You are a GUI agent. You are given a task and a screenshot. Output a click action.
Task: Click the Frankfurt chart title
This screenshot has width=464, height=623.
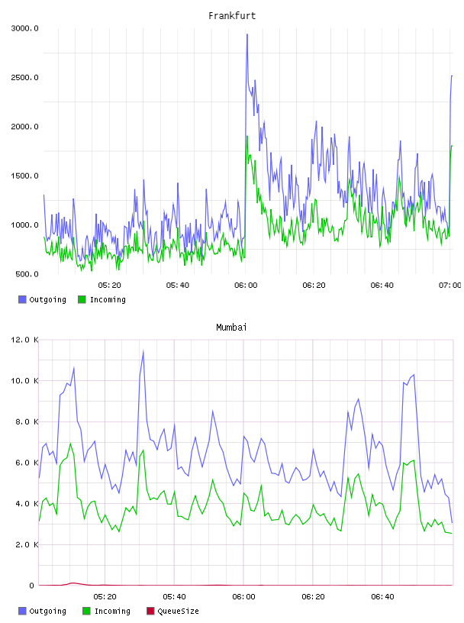click(232, 16)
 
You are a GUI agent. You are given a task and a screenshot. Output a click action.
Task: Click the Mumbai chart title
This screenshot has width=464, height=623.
click(231, 328)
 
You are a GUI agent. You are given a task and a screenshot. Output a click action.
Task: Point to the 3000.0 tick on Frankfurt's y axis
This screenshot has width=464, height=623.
click(24, 28)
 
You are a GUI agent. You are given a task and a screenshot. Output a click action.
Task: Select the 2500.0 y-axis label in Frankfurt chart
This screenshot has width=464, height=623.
click(24, 77)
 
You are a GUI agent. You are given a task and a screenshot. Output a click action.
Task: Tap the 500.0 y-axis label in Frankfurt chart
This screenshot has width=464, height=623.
click(27, 274)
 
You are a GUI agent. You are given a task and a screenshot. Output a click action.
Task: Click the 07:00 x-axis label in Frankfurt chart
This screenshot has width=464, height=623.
click(449, 286)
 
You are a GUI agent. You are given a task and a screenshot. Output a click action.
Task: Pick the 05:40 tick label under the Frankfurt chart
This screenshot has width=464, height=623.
click(178, 286)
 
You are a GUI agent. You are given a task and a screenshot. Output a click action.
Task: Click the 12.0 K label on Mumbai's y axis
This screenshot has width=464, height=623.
click(24, 340)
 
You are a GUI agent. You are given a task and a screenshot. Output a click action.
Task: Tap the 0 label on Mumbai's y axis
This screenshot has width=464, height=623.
click(31, 586)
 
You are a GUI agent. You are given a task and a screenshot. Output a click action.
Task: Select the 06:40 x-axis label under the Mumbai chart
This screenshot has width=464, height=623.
click(382, 597)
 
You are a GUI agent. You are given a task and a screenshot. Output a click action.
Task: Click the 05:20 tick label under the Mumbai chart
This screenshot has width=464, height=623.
click(105, 597)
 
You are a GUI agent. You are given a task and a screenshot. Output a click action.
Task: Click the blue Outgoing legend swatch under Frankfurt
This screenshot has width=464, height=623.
click(22, 299)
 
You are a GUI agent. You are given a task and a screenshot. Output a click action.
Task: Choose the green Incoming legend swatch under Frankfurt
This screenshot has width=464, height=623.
click(82, 299)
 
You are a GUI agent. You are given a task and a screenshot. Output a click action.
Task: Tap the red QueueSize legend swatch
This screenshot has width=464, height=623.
click(150, 611)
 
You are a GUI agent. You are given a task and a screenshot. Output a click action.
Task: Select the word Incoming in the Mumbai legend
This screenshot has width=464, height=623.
click(112, 611)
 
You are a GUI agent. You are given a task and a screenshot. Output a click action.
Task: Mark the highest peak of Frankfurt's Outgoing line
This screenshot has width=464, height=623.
click(247, 34)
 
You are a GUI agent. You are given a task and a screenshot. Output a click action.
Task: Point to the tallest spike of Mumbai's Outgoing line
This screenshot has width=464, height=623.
click(143, 351)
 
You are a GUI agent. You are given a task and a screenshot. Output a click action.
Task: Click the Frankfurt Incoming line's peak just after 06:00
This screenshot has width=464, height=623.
click(247, 136)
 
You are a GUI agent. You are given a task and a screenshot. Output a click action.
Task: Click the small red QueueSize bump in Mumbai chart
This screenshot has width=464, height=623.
click(72, 583)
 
